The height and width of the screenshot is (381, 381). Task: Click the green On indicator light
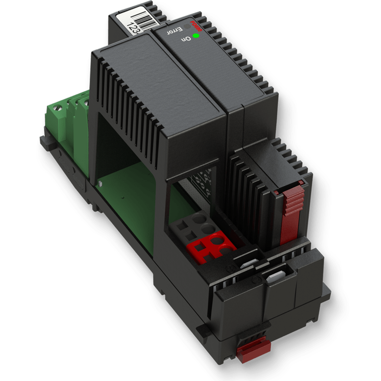click(x=196, y=36)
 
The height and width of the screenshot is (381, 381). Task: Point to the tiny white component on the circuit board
click(x=101, y=183)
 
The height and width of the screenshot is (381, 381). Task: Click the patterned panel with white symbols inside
click(x=202, y=183)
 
